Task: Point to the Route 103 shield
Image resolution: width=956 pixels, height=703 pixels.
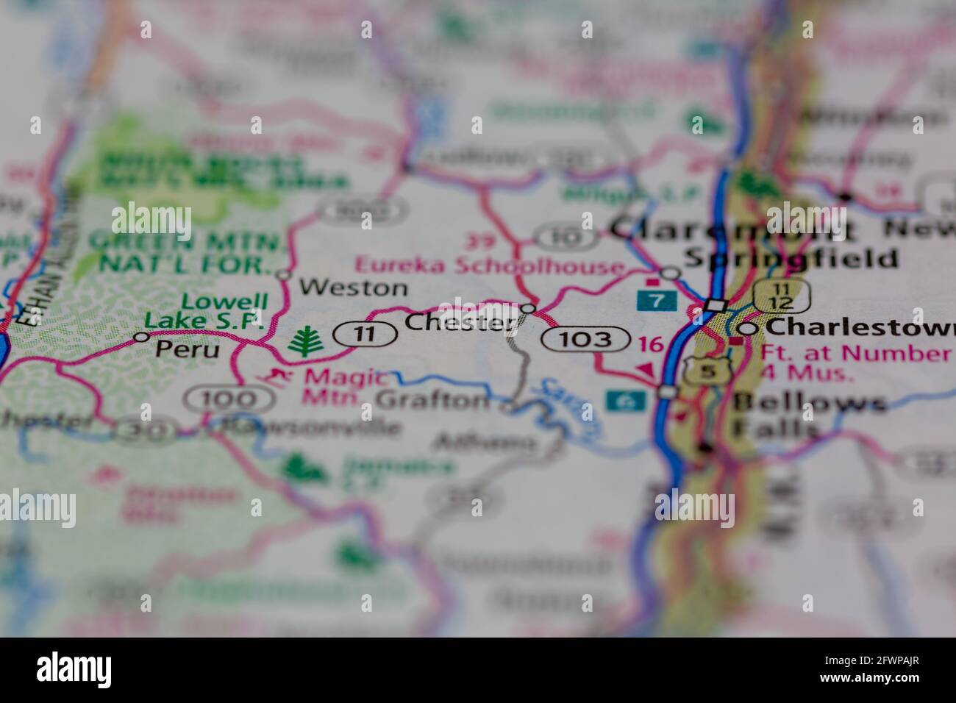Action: point(586,339)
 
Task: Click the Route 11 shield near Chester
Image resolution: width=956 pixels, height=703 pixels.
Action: point(364,335)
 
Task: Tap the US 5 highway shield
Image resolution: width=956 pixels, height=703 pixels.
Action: point(707,371)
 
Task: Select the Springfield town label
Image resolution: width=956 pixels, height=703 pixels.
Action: point(791,258)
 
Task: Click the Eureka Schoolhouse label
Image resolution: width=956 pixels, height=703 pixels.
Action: point(489,265)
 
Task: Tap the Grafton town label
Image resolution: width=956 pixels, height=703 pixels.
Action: point(432,400)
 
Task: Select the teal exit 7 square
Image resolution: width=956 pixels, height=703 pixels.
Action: point(652,299)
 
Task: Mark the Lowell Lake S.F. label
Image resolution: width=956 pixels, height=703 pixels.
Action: point(204,311)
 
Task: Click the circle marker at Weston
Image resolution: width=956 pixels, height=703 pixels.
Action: point(284,275)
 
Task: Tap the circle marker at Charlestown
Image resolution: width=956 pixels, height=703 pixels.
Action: point(747,329)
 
